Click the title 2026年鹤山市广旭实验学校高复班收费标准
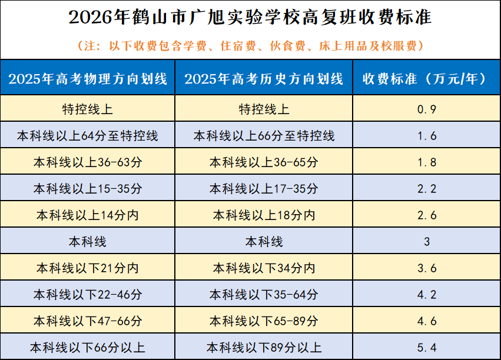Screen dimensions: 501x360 [250, 17]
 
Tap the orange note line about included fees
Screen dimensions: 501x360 [251, 46]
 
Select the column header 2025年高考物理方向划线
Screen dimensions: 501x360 [88, 79]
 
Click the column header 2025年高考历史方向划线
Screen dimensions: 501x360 [264, 79]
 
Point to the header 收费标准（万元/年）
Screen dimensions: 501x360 [426, 79]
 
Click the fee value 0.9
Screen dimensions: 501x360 [427, 109]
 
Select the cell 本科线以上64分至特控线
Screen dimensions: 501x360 [88, 136]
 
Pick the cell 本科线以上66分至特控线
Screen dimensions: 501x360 [264, 136]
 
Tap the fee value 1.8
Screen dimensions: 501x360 [427, 162]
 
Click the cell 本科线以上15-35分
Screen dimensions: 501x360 [88, 189]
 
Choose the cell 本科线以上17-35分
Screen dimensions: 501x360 [264, 189]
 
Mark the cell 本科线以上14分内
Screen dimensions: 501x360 [88, 215]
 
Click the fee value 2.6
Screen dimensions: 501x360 [427, 215]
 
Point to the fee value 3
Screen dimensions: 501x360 [427, 242]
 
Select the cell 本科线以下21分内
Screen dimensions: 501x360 [88, 268]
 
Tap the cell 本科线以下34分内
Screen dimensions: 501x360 [264, 268]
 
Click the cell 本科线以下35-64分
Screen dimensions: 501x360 [264, 295]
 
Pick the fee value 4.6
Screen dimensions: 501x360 [427, 321]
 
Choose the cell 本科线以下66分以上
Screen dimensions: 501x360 [88, 348]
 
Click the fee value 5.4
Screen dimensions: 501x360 [427, 348]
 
